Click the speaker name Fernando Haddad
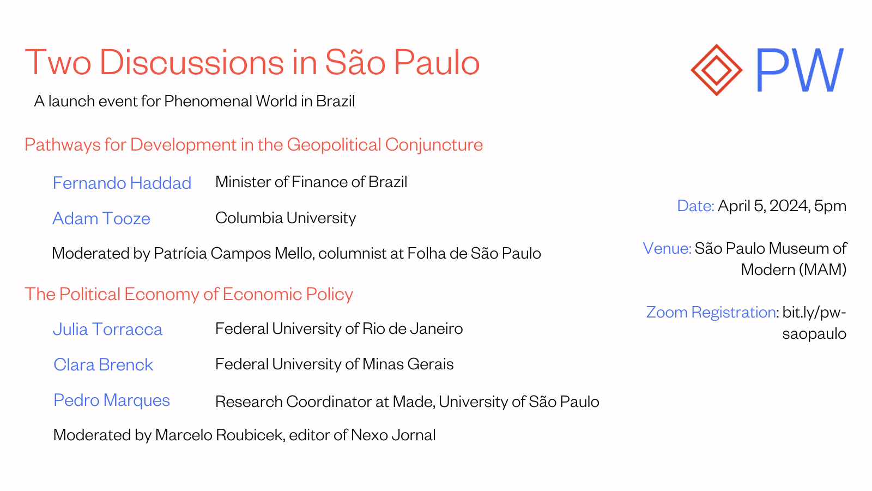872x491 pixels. tap(122, 183)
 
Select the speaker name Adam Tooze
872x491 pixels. tap(101, 218)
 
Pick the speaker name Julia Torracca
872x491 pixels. tap(107, 330)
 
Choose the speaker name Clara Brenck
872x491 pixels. tap(103, 365)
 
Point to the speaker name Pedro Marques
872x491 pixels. tap(112, 400)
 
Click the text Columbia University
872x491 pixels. tap(286, 218)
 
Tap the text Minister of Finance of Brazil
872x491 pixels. tap(311, 182)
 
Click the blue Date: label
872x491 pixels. tap(695, 206)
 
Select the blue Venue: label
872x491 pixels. tap(667, 248)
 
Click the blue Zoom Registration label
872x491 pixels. tap(711, 312)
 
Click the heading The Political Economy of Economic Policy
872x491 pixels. tap(189, 294)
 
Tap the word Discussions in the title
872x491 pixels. tap(191, 62)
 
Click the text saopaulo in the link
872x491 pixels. tap(814, 334)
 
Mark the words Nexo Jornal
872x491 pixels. tap(393, 435)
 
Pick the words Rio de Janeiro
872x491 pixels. tap(413, 329)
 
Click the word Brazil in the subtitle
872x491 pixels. tap(336, 101)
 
